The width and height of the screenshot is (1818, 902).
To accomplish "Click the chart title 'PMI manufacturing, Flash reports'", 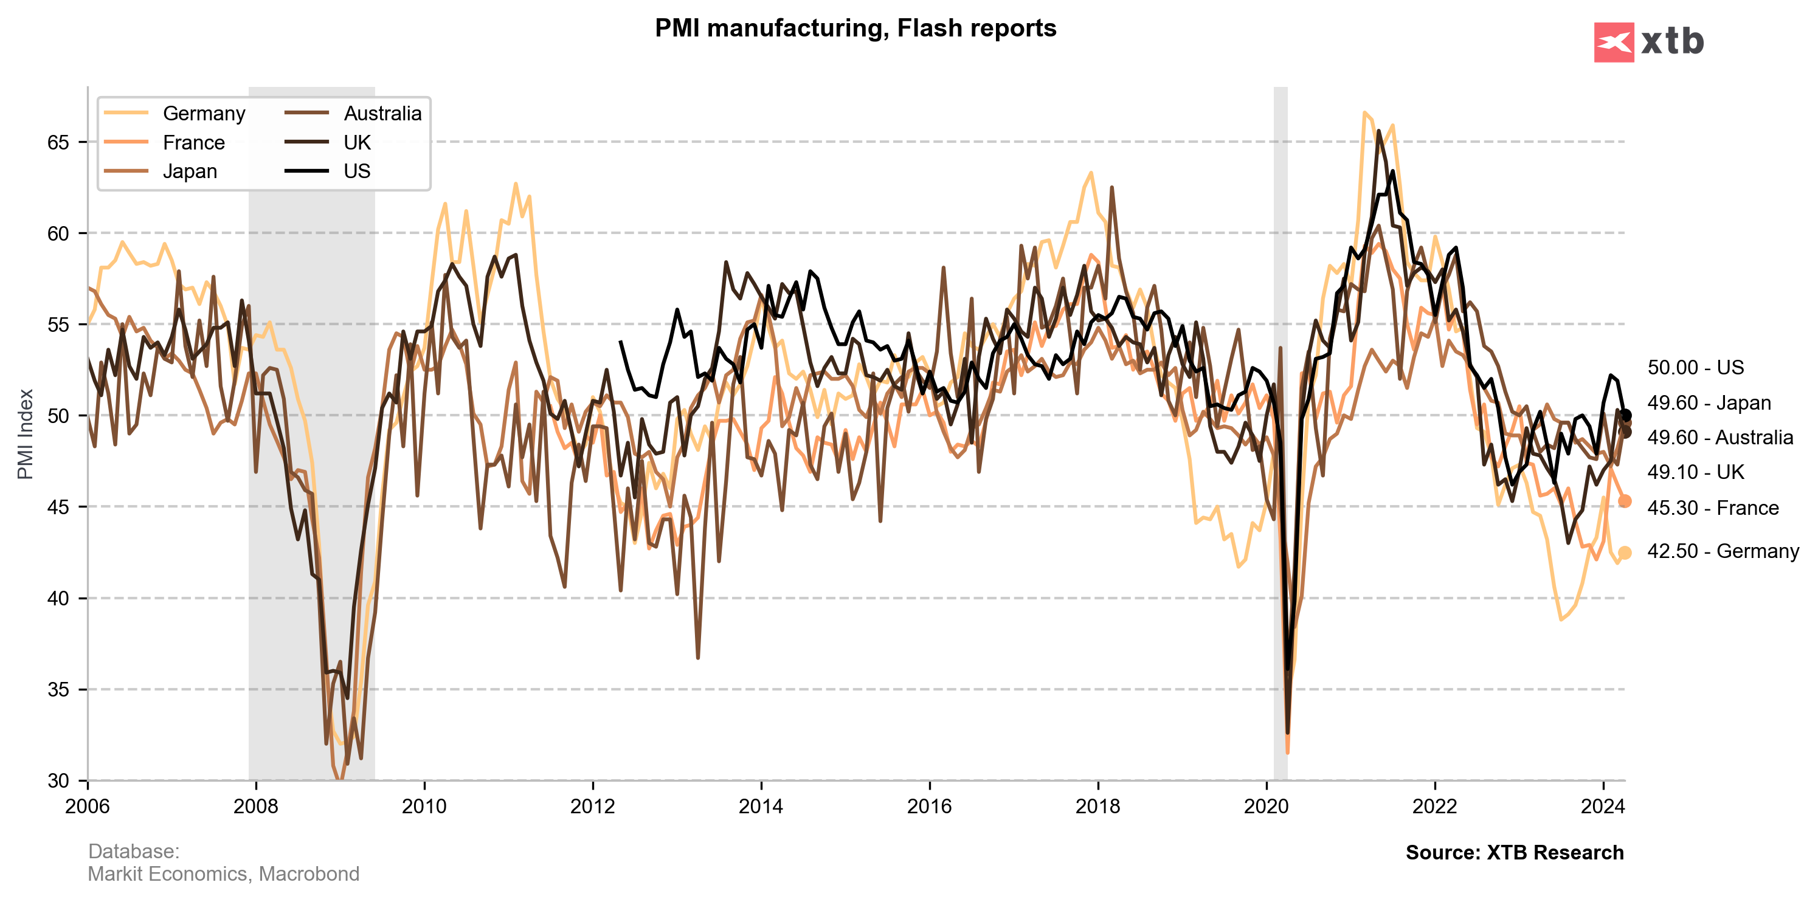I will pyautogui.click(x=855, y=28).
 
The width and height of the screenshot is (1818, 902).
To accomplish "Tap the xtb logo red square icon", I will pyautogui.click(x=1613, y=43).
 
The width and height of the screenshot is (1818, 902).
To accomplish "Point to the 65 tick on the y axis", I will pyautogui.click(x=58, y=142).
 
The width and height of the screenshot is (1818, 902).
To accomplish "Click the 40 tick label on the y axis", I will pyautogui.click(x=58, y=599).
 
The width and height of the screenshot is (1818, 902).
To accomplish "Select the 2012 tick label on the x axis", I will pyautogui.click(x=592, y=806).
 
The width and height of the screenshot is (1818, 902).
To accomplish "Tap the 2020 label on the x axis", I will pyautogui.click(x=1266, y=806).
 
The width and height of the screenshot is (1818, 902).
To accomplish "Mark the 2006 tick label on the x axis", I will pyautogui.click(x=88, y=806).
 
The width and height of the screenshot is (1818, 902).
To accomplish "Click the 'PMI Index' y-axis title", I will pyautogui.click(x=26, y=434).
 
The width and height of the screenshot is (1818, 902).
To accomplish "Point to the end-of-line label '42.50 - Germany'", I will pyautogui.click(x=1723, y=551).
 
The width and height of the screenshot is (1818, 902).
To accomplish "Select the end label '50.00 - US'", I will pyautogui.click(x=1695, y=368).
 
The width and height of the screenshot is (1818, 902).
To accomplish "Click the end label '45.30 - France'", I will pyautogui.click(x=1713, y=508).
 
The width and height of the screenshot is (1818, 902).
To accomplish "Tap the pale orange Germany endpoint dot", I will pyautogui.click(x=1625, y=553).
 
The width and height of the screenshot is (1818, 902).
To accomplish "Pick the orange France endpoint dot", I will pyautogui.click(x=1625, y=501).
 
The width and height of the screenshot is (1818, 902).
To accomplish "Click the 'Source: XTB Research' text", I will pyautogui.click(x=1515, y=853).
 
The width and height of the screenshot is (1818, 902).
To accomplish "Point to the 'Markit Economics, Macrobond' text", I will pyautogui.click(x=223, y=874).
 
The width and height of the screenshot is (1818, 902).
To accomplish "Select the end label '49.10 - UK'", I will pyautogui.click(x=1695, y=472).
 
